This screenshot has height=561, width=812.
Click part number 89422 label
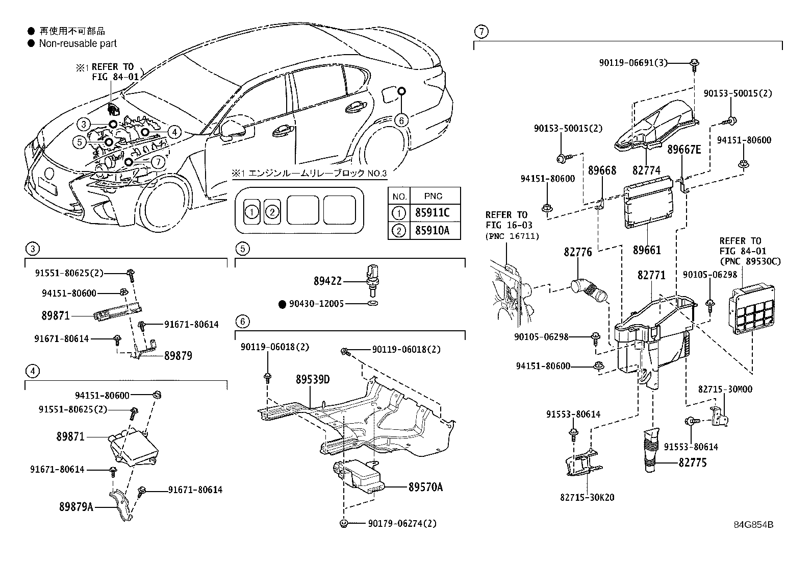[327, 281]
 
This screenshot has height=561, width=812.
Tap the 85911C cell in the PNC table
[432, 213]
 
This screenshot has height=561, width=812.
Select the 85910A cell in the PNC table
[432, 231]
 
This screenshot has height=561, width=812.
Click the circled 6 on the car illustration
[402, 120]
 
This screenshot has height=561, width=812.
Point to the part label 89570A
[425, 487]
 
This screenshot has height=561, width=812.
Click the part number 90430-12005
[316, 304]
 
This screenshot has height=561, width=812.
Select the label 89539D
[313, 380]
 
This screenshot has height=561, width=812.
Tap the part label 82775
[693, 464]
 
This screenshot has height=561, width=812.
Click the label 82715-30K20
[587, 497]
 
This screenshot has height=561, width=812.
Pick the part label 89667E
[684, 150]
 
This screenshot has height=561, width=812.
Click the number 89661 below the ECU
[647, 250]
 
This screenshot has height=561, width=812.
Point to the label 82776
[578, 252]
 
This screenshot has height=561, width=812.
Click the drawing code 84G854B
[753, 525]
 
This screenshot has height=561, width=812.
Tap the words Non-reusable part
[78, 44]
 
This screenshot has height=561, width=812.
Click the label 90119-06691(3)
[632, 63]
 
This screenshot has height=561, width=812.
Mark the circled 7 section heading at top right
[480, 32]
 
